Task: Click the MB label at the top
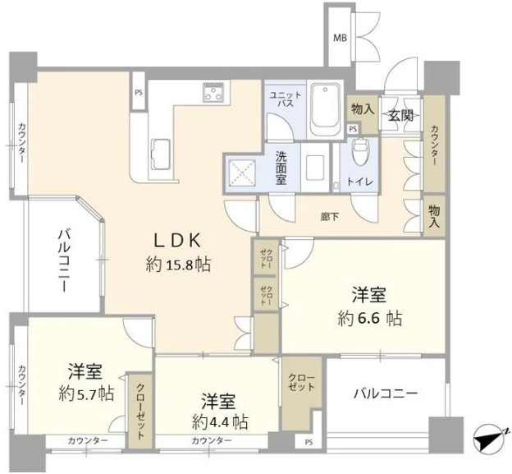(x=339, y=38)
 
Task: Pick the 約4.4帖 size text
(x=219, y=423)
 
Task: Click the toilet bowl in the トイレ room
(x=360, y=152)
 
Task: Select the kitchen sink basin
(x=160, y=152)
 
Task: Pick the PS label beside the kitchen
(x=138, y=92)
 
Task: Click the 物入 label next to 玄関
(x=362, y=109)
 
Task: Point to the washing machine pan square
(x=244, y=173)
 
